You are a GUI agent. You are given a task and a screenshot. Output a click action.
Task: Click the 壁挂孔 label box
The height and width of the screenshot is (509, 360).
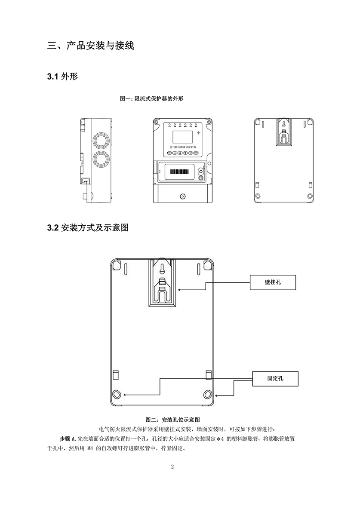pos(273,283)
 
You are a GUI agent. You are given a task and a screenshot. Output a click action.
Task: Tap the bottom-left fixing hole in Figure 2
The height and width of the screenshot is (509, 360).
pos(117,395)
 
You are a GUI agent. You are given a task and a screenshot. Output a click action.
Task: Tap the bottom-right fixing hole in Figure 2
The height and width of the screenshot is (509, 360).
pos(208,395)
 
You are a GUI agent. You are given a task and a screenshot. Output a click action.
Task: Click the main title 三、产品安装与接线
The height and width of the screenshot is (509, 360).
pos(90,46)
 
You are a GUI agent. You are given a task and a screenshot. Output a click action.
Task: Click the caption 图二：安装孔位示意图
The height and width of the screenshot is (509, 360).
pos(173,419)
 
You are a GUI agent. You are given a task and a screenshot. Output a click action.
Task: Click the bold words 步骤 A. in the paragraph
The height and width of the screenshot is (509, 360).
pos(68,439)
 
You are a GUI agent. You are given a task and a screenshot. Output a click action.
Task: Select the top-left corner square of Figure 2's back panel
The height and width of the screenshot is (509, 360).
pos(117,266)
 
